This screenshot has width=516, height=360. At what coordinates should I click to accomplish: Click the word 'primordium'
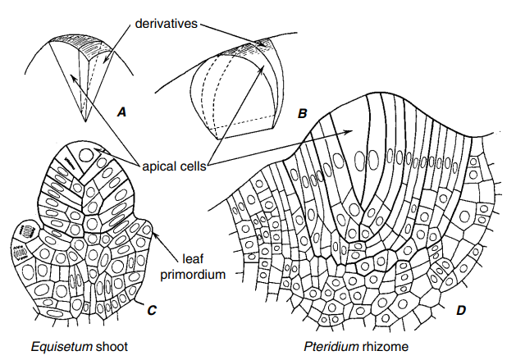203,275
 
